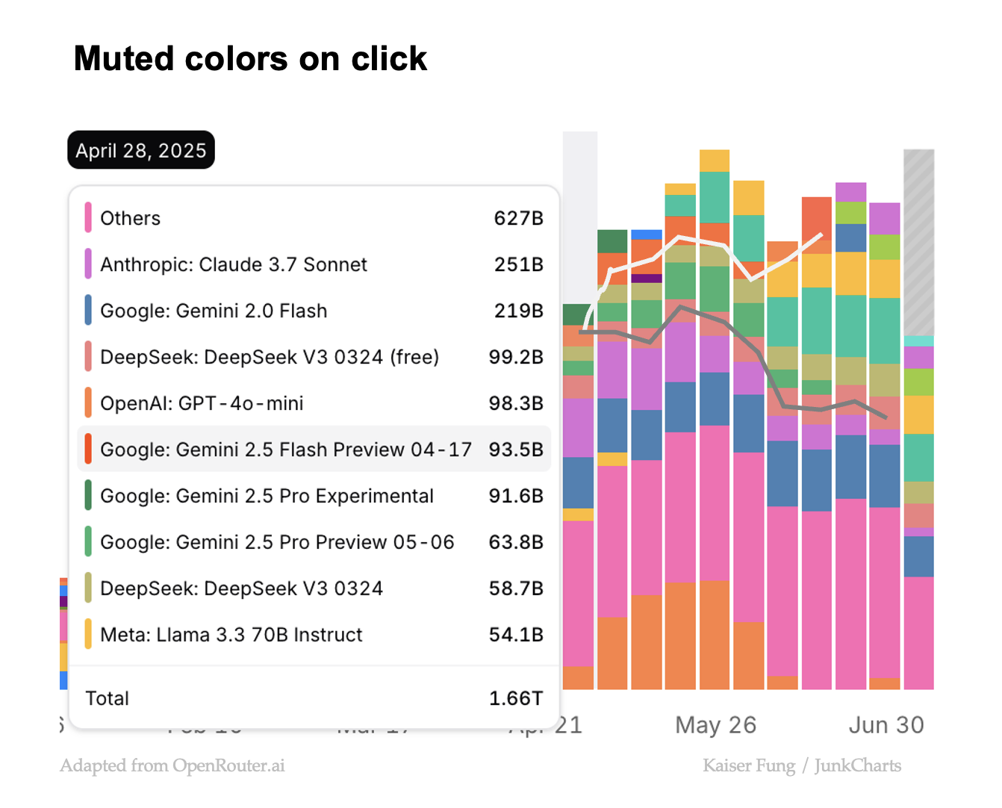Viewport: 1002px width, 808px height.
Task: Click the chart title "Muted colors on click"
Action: pyautogui.click(x=250, y=59)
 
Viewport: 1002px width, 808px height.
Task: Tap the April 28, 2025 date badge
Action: pyautogui.click(x=141, y=150)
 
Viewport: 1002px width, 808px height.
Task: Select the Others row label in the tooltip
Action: pyautogui.click(x=130, y=218)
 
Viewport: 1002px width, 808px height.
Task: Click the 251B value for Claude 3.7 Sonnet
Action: pyautogui.click(x=518, y=264)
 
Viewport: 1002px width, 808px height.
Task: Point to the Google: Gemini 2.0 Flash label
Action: pyautogui.click(x=214, y=311)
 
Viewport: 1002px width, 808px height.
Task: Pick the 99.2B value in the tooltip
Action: pyautogui.click(x=516, y=357)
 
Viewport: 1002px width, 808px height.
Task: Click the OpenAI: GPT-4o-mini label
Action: pyautogui.click(x=202, y=403)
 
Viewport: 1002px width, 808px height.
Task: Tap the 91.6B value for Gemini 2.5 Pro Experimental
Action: pyautogui.click(x=516, y=496)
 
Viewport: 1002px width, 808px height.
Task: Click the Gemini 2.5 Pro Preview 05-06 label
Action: pyautogui.click(x=277, y=542)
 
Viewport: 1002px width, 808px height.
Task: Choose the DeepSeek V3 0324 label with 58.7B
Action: pyautogui.click(x=241, y=588)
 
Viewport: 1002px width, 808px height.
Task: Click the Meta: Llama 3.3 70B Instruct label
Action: pyautogui.click(x=231, y=635)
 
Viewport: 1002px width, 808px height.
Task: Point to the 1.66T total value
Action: pyautogui.click(x=515, y=698)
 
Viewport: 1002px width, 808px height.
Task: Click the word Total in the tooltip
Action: pyautogui.click(x=108, y=698)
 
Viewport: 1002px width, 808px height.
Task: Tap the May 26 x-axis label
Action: pyautogui.click(x=715, y=725)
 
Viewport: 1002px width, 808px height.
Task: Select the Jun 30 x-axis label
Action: pyautogui.click(x=886, y=725)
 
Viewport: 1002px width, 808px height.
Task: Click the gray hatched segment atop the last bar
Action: pyautogui.click(x=918, y=243)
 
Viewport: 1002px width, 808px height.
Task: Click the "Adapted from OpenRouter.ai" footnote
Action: pyautogui.click(x=172, y=765)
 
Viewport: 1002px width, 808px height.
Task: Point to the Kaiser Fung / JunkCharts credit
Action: pyautogui.click(x=802, y=765)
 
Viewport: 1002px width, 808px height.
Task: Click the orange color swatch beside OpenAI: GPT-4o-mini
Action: pyautogui.click(x=88, y=403)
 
